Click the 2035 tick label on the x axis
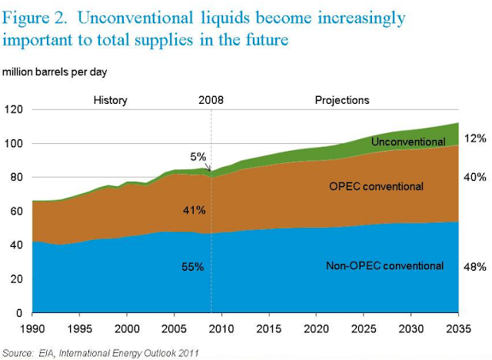459,327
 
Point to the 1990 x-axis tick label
32,327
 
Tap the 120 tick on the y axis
13,109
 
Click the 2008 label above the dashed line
211,100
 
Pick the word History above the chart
110,100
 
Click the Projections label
342,100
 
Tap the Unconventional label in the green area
407,142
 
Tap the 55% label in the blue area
192,267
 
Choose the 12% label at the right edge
476,138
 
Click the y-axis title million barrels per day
58,72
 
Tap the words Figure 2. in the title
42,17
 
